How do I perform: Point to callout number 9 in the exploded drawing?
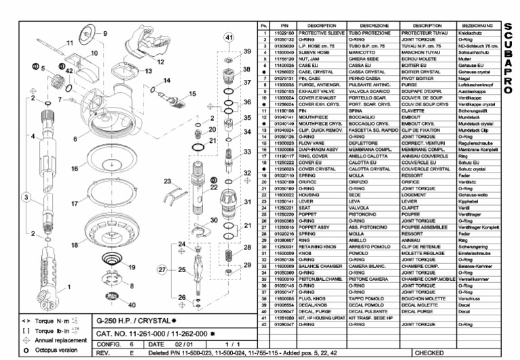[105, 33]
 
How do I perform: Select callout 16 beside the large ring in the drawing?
[74, 166]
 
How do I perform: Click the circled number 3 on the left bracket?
[26, 197]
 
